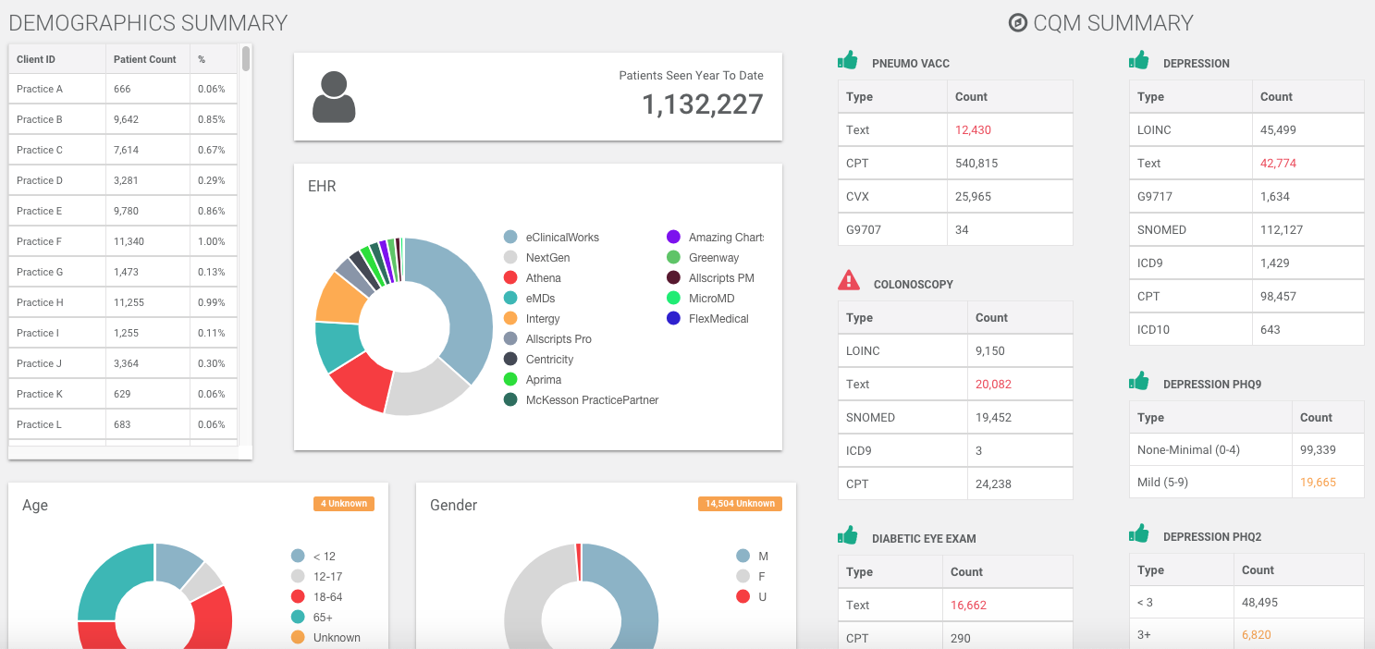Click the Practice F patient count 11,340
tap(129, 241)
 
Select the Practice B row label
tap(40, 119)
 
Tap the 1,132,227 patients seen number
tap(702, 104)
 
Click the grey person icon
tap(334, 97)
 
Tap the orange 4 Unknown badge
tap(344, 504)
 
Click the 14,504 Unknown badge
tap(740, 504)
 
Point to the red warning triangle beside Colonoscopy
tap(848, 280)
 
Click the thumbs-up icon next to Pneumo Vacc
tap(847, 61)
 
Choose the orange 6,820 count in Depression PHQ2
tap(1256, 635)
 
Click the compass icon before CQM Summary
tap(1017, 23)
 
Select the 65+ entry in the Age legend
tap(323, 618)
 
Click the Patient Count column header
tap(144, 59)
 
